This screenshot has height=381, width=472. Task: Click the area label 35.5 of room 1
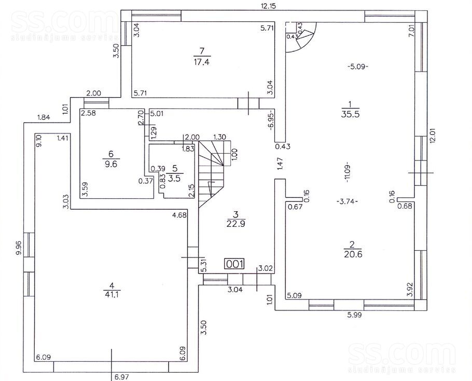coord(351,114)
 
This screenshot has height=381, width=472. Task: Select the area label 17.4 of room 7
coord(202,62)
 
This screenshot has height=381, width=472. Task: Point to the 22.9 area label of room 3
coord(235,224)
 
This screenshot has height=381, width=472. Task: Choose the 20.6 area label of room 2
coord(353,254)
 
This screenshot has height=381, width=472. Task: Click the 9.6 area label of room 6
coord(111,164)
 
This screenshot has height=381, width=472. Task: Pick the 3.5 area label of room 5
coord(174,179)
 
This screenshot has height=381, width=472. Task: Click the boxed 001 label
coord(234,264)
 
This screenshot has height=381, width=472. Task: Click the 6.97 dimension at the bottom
coord(122,377)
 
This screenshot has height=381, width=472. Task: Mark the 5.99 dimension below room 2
coord(354,316)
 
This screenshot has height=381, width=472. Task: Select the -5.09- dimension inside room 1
coord(358,66)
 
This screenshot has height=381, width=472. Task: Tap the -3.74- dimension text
coord(347,202)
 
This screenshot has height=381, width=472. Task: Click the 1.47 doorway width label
coord(280,164)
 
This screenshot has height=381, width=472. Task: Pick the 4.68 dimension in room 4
coord(179,215)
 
